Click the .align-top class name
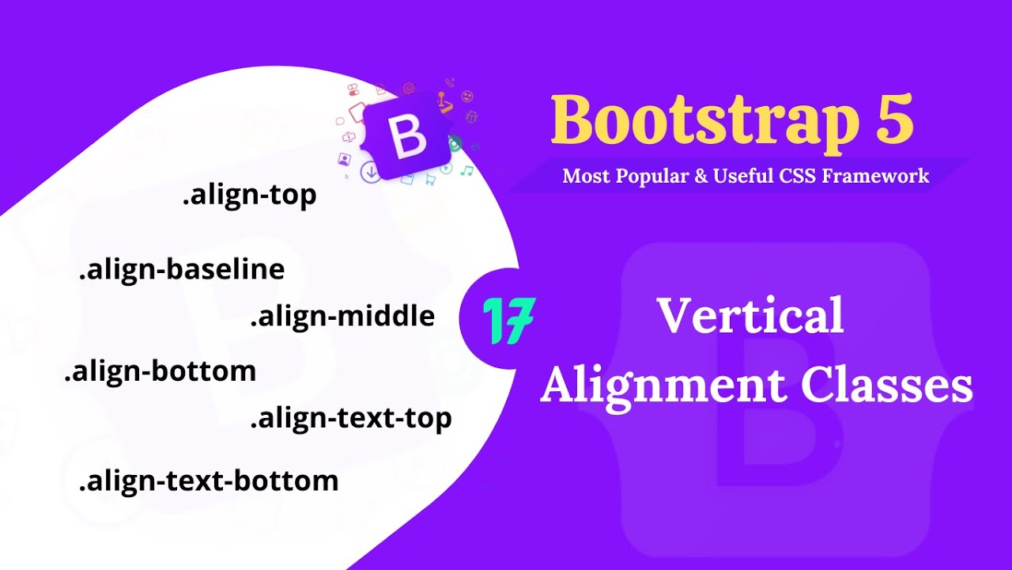tap(249, 196)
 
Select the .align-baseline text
tap(182, 270)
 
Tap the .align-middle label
tap(342, 317)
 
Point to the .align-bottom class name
tap(160, 371)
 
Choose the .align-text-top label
tap(351, 418)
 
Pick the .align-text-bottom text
tap(209, 481)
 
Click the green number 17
tap(508, 321)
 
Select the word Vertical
tap(750, 316)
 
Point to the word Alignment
tap(663, 386)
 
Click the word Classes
tap(886, 386)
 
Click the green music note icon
tap(467, 170)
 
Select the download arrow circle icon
tap(370, 172)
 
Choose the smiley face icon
tap(467, 97)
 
